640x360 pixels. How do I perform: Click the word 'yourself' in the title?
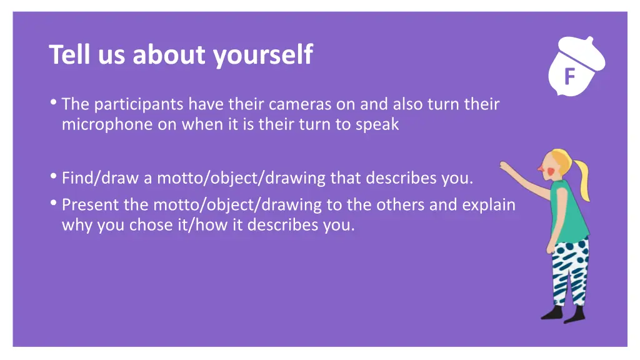(262, 55)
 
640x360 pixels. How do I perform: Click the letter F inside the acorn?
(569, 77)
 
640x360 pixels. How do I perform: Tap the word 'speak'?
(377, 124)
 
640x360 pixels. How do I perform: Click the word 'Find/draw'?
(101, 179)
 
